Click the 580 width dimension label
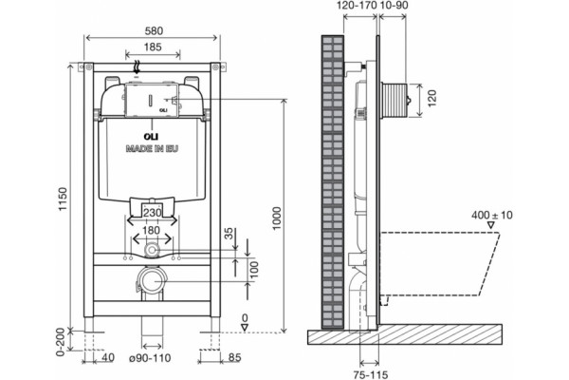click(x=154, y=31)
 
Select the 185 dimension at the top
click(x=153, y=47)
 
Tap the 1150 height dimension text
click(x=63, y=199)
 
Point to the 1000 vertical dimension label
click(x=277, y=218)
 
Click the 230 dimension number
click(x=152, y=213)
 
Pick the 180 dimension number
click(x=151, y=231)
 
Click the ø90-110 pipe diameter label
click(x=150, y=358)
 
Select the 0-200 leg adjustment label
click(x=61, y=342)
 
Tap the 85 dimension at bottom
click(x=235, y=358)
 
